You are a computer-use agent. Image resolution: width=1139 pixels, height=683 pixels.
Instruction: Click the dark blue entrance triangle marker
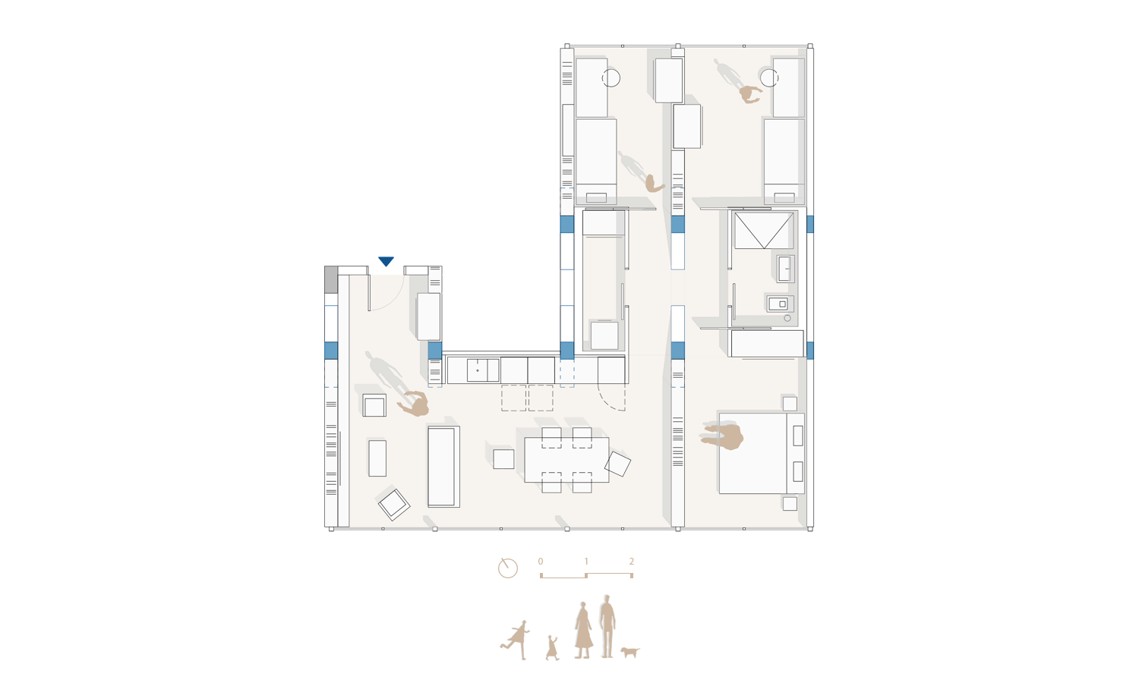point(386,261)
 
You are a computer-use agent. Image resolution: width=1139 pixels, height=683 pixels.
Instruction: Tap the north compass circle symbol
point(507,568)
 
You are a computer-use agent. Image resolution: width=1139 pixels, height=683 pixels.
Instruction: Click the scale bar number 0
point(541,562)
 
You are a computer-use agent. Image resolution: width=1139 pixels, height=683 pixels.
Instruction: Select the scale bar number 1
point(586,562)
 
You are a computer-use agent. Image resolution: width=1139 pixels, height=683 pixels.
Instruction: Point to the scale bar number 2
point(632,562)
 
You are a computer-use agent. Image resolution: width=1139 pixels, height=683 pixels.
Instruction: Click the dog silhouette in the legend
point(630,651)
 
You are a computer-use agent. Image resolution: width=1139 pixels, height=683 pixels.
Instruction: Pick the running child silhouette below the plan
point(516,640)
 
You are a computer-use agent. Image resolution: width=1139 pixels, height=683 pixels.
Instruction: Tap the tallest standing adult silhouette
point(607,627)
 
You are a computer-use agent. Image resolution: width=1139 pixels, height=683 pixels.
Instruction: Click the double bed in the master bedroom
point(761,453)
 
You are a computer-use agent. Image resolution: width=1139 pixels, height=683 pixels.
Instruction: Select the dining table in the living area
point(566,460)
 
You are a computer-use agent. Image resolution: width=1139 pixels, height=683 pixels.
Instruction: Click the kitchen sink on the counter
point(482,370)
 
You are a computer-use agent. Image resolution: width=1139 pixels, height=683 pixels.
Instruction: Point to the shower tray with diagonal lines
point(764,231)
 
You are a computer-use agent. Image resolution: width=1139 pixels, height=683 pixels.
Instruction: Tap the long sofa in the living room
point(443,467)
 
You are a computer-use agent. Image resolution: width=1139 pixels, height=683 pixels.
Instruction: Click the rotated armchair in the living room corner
point(394,505)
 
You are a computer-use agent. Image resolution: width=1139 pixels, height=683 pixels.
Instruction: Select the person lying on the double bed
point(723,436)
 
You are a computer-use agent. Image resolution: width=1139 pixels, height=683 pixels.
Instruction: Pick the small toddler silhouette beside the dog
point(552,648)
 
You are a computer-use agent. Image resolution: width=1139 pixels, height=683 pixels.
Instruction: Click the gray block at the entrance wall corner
point(331,279)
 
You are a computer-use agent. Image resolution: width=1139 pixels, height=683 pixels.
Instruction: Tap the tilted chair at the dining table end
point(617,464)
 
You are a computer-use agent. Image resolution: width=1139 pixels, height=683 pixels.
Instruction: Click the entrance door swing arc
point(396,301)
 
